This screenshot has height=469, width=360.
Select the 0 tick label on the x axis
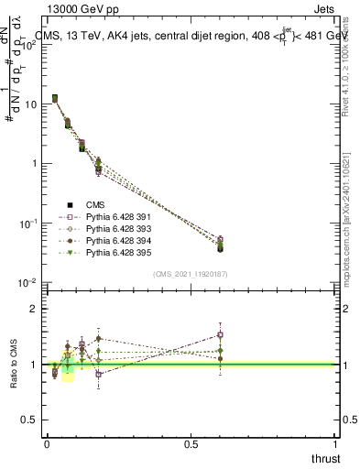pyautogui.click(x=46, y=444)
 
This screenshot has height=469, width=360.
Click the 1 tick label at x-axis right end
pyautogui.click(x=334, y=444)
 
